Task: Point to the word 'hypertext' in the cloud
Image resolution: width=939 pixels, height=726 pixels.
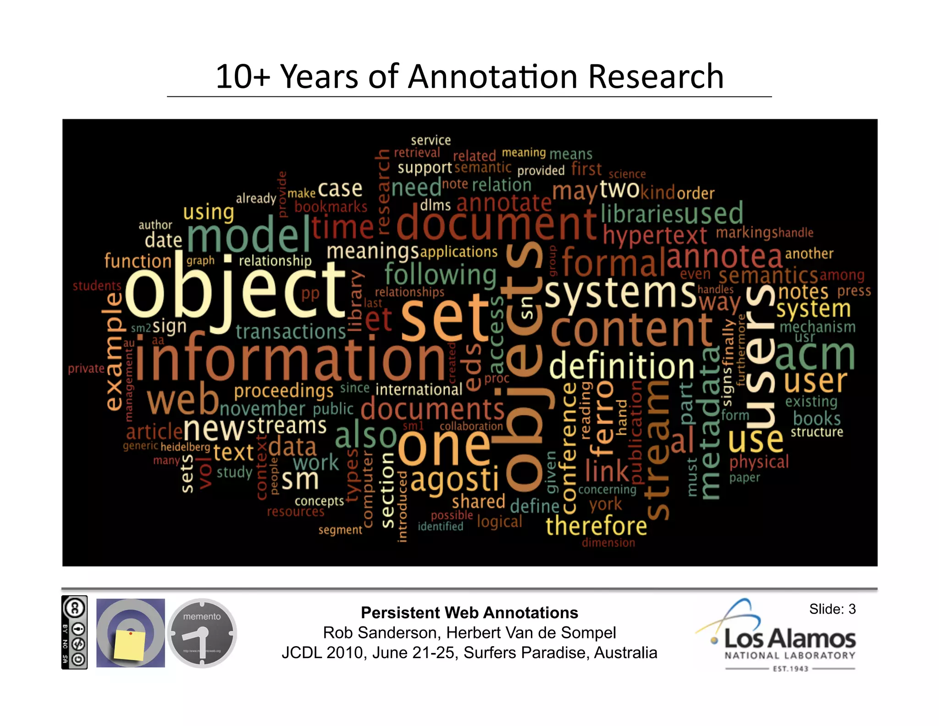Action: [x=655, y=235]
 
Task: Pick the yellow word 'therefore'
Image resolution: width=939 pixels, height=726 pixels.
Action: [x=596, y=525]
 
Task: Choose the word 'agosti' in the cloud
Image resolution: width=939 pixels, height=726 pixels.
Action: [x=454, y=480]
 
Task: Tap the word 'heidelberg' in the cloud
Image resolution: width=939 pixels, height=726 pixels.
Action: [x=185, y=447]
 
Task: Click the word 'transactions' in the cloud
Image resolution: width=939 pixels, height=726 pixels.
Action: [x=291, y=331]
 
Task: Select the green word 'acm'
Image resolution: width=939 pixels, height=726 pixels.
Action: [x=815, y=356]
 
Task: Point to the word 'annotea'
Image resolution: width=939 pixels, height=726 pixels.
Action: [x=724, y=257]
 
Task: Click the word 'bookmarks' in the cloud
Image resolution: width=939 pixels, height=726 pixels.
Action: [x=331, y=207]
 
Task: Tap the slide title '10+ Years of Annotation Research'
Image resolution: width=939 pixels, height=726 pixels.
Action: [x=469, y=76]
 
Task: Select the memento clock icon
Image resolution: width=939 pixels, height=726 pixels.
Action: [x=202, y=633]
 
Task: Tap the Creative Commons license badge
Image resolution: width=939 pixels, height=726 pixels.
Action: [x=74, y=632]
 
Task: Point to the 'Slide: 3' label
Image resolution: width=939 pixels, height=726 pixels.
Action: [x=832, y=609]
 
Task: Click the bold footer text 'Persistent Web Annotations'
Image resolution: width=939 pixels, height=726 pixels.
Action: [x=469, y=613]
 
